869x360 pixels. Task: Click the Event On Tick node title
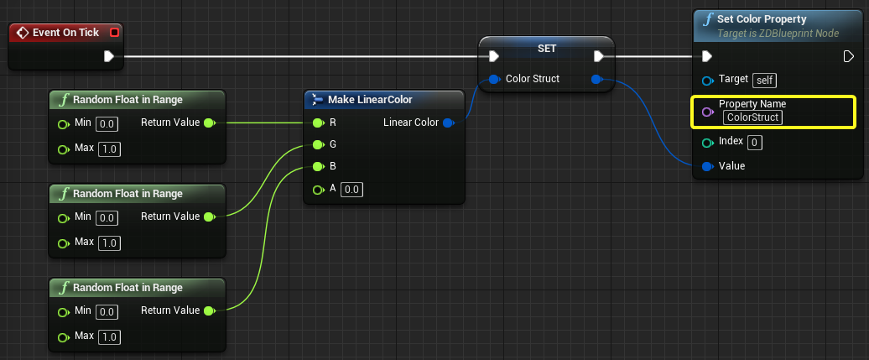(65, 33)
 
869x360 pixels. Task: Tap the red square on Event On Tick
(114, 33)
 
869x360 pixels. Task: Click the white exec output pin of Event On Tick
(109, 56)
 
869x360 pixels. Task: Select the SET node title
(547, 49)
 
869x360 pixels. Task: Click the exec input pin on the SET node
(494, 56)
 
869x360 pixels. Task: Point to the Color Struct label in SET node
(533, 79)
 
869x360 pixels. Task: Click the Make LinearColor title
(370, 99)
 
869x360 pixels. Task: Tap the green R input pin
(318, 123)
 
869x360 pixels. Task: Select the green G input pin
(318, 145)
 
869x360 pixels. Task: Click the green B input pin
(318, 166)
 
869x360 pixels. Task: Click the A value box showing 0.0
(352, 190)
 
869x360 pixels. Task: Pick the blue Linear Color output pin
(449, 123)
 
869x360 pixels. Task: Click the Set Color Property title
(762, 19)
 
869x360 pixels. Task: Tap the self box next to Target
(765, 81)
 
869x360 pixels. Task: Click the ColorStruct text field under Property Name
(752, 117)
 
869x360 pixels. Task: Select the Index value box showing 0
(754, 143)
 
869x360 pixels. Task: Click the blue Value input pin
(706, 166)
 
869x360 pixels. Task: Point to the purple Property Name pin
(706, 112)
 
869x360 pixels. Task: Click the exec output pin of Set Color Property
(849, 56)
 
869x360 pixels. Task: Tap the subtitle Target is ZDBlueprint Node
(778, 34)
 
